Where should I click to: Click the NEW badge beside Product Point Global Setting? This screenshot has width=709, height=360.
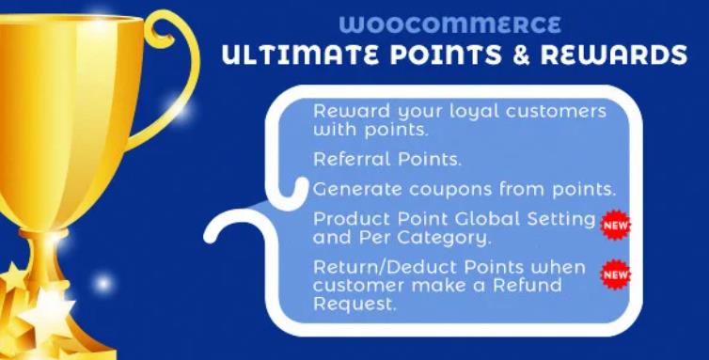(x=616, y=225)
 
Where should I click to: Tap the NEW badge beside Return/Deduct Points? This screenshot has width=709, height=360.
(x=616, y=274)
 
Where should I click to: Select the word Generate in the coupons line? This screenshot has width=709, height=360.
(x=354, y=188)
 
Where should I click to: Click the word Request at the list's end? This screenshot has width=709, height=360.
(x=347, y=303)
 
